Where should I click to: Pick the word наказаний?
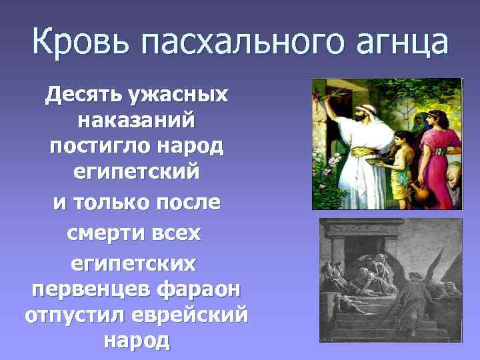pos(136,121)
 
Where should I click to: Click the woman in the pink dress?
pos(432,143)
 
